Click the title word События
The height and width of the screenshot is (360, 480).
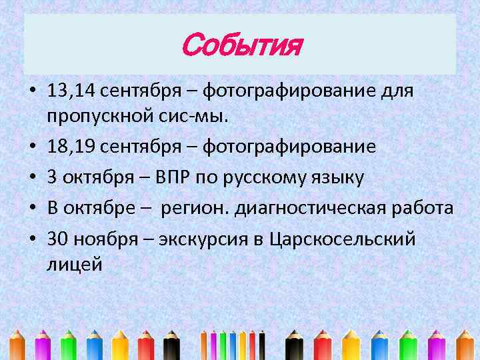click(241, 47)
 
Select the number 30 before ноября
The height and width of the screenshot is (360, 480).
click(57, 239)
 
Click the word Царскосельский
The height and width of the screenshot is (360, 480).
click(343, 239)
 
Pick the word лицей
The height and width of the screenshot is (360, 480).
click(75, 265)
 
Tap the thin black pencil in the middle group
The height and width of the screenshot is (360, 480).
click(262, 343)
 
